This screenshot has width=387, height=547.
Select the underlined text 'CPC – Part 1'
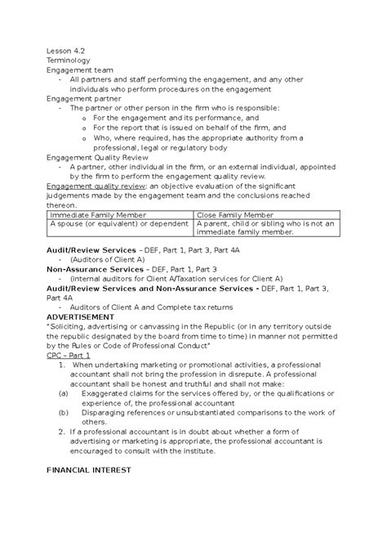click(68, 357)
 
